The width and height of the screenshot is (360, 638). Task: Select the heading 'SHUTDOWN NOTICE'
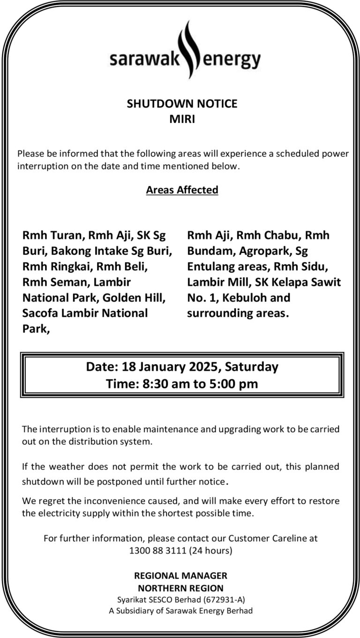point(182,104)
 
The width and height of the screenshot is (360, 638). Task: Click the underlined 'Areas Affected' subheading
point(182,190)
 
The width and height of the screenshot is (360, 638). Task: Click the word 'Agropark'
point(261,251)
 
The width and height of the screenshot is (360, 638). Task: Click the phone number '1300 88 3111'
point(158,550)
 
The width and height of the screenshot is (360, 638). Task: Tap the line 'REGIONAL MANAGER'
point(180,576)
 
